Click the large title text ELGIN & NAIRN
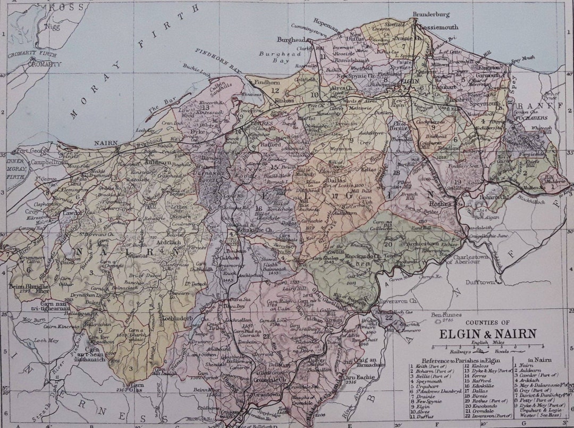[x=487, y=334]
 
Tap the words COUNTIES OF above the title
[x=487, y=322]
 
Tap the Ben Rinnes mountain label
[x=444, y=315]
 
